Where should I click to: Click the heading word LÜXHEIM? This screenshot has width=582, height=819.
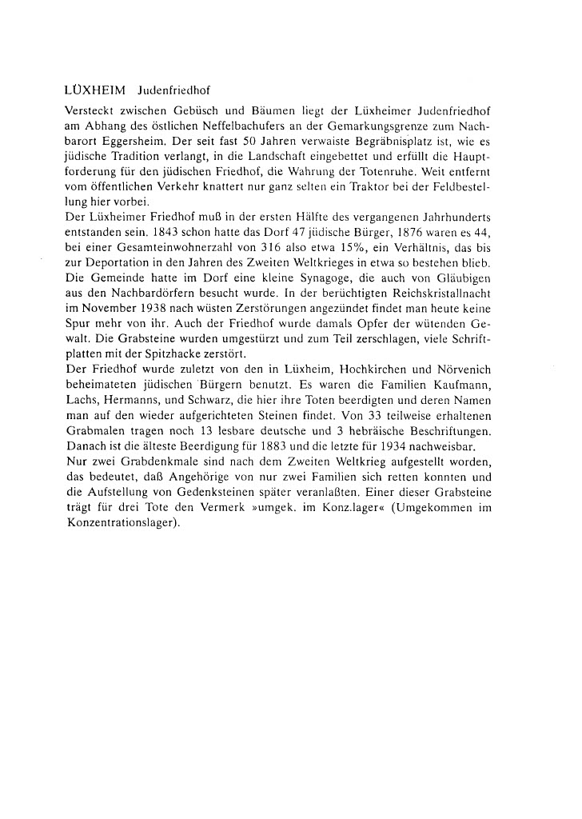tap(94, 87)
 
